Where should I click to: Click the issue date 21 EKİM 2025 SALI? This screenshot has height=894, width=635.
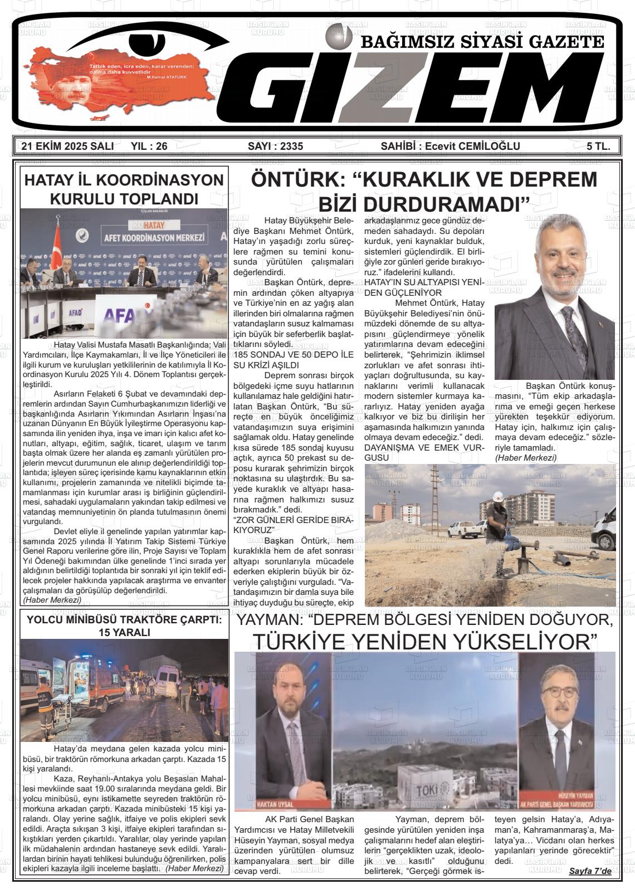pyautogui.click(x=67, y=146)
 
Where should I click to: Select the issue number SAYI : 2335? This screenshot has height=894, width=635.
pyautogui.click(x=275, y=146)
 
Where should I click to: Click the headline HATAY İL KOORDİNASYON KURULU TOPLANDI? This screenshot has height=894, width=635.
pyautogui.click(x=124, y=189)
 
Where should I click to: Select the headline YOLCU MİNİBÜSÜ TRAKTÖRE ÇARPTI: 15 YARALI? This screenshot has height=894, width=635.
pyautogui.click(x=124, y=626)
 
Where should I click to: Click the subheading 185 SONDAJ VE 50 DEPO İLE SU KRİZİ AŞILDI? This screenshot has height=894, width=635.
pyautogui.click(x=293, y=360)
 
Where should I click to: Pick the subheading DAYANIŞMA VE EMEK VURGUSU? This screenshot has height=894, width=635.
pyautogui.click(x=423, y=452)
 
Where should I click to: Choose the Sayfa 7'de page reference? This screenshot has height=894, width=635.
pyautogui.click(x=590, y=871)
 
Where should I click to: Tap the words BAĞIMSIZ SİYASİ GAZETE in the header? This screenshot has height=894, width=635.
pyautogui.click(x=482, y=42)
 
